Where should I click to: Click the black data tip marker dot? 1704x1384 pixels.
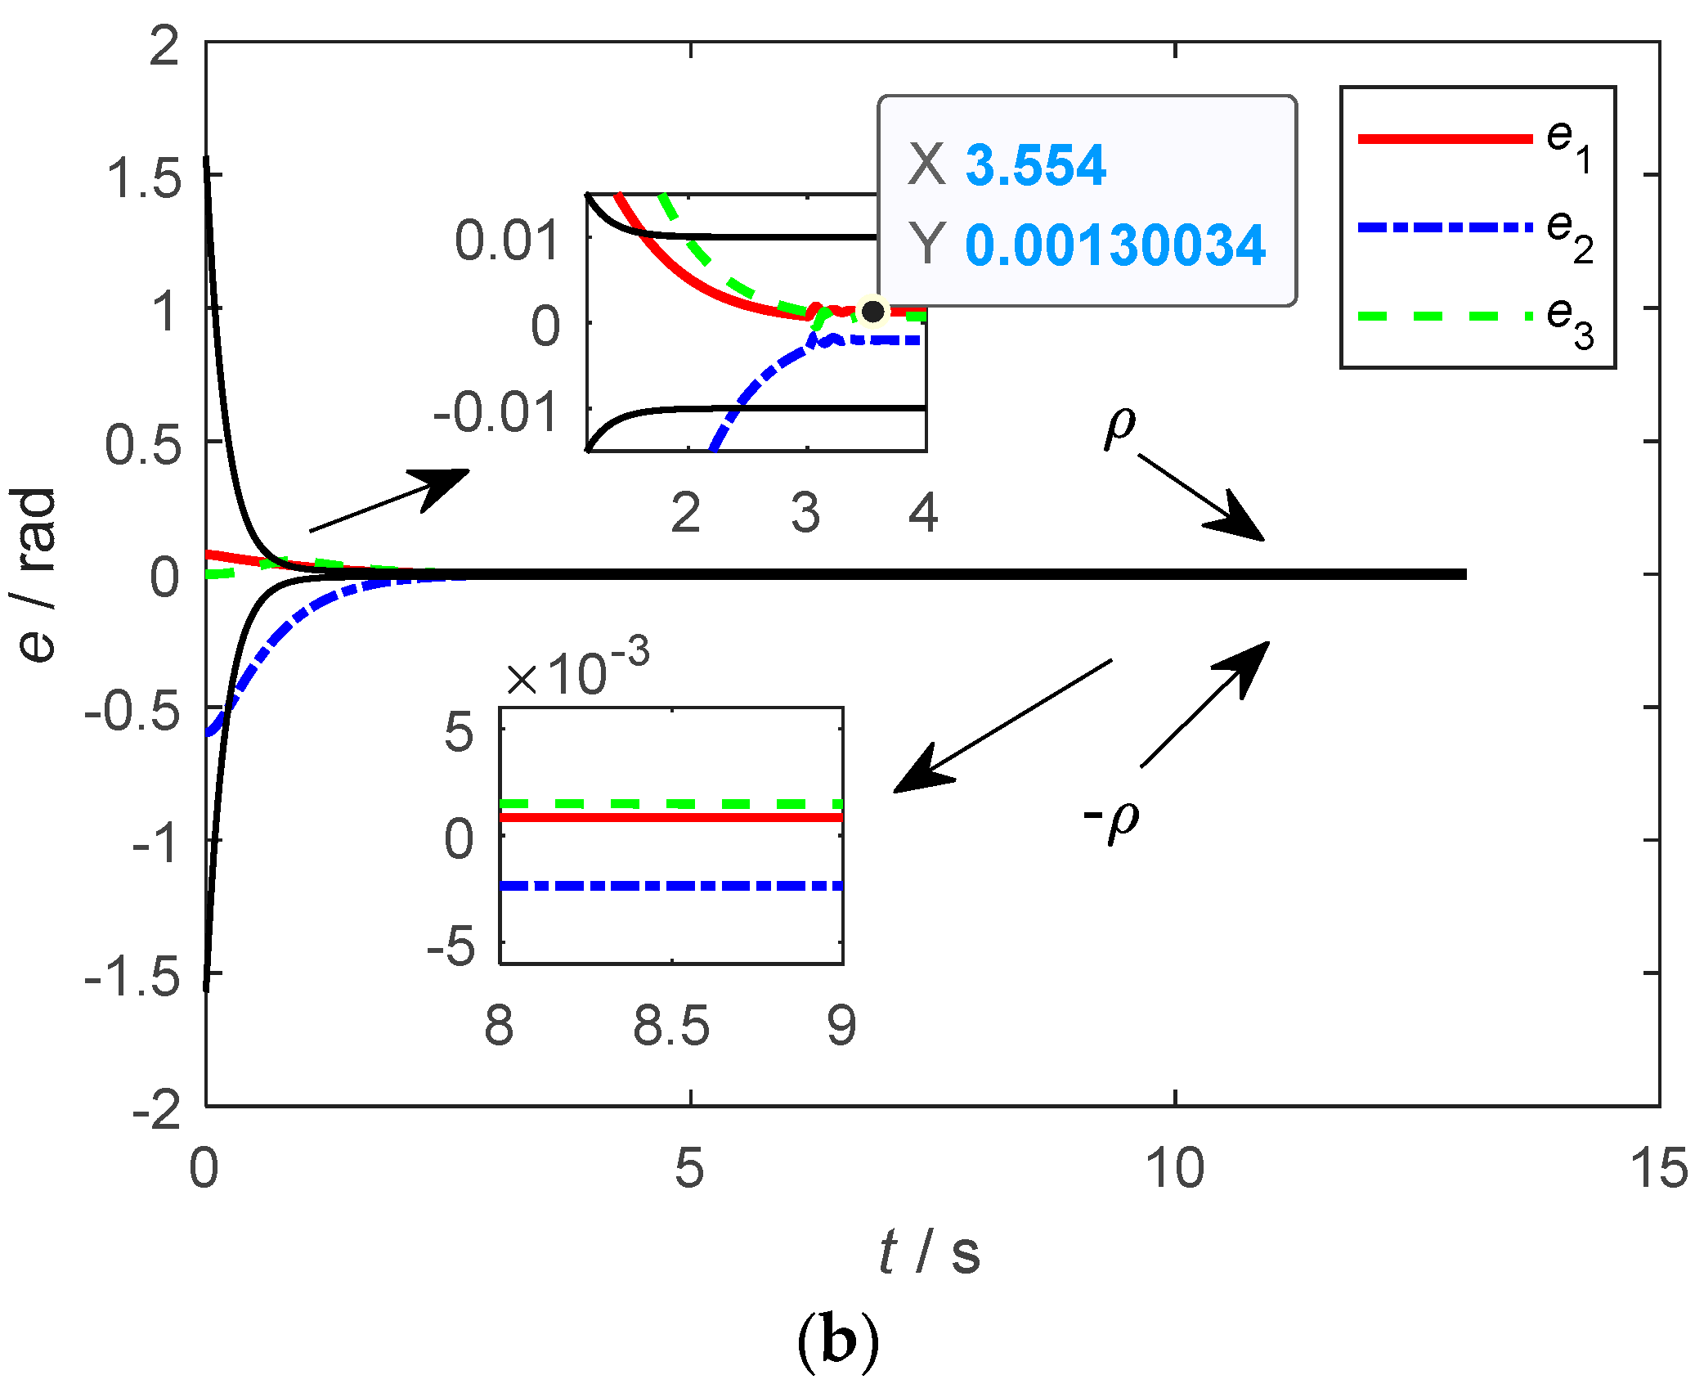pos(873,312)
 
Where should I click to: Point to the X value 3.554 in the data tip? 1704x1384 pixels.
pos(1035,164)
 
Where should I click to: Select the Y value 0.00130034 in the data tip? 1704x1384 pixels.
pos(1115,245)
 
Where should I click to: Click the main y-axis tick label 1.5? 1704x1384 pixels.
pos(144,177)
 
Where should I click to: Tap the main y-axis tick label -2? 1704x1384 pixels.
pos(157,1110)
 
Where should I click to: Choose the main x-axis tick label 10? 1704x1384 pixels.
pos(1174,1168)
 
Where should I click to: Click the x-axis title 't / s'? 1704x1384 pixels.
pos(929,1253)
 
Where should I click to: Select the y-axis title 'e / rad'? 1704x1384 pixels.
pos(36,574)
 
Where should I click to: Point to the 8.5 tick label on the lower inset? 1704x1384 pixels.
pos(671,1026)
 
